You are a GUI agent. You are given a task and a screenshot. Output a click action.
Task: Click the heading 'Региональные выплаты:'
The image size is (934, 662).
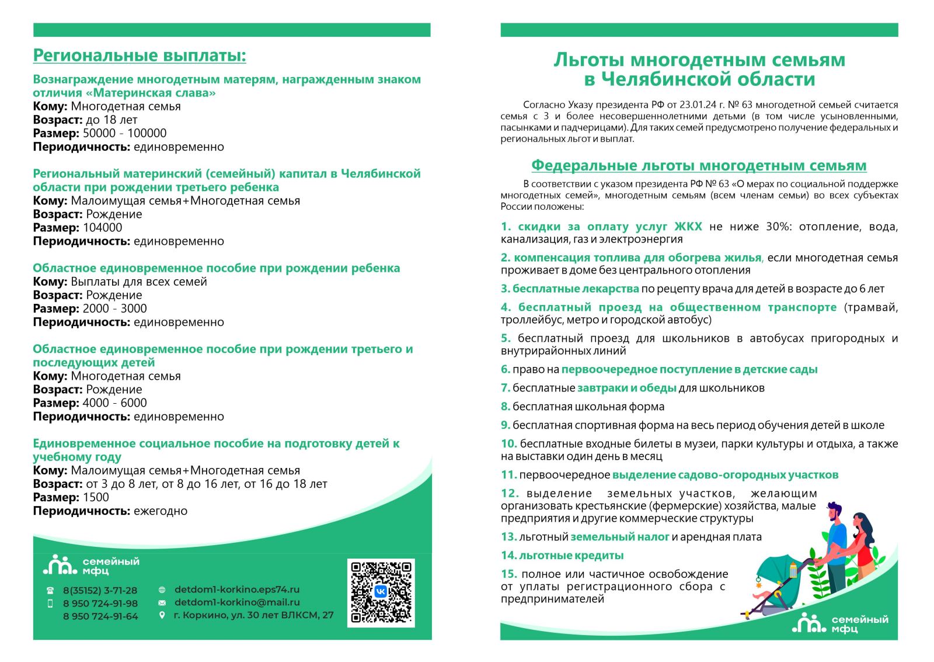tap(140, 56)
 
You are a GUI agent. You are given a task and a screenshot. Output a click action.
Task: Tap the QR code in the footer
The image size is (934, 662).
tap(381, 592)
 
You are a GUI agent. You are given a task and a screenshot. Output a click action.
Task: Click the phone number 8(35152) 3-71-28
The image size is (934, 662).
tap(100, 590)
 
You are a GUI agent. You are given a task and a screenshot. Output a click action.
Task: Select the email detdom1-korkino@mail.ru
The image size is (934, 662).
tap(237, 602)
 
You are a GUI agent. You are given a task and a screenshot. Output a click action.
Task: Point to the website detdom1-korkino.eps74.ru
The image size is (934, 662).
tap(236, 590)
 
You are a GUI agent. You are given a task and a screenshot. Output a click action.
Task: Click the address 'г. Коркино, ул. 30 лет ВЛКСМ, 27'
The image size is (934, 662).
tap(253, 615)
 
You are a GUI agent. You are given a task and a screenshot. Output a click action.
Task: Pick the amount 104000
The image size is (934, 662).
tap(103, 228)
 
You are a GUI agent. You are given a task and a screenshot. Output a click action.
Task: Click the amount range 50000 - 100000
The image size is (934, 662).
tap(124, 133)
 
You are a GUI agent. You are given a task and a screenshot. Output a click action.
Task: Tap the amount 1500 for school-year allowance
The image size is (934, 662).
tap(96, 497)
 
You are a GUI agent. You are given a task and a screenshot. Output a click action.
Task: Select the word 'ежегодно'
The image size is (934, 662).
tap(161, 511)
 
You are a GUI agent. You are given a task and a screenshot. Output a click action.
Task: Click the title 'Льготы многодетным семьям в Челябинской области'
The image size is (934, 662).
tap(699, 69)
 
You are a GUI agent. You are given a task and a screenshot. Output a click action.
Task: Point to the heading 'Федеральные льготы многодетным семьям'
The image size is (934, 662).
tap(699, 165)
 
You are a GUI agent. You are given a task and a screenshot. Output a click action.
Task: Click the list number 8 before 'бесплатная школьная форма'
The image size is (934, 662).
tap(505, 407)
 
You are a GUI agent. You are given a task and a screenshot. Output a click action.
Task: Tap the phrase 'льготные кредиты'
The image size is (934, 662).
tap(571, 555)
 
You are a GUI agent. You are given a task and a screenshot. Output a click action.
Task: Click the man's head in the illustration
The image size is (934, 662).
tap(835, 511)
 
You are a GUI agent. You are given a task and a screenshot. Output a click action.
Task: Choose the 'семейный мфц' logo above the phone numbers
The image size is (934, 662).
tap(91, 565)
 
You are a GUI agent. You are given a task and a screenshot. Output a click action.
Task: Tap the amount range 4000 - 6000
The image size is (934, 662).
tap(114, 403)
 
